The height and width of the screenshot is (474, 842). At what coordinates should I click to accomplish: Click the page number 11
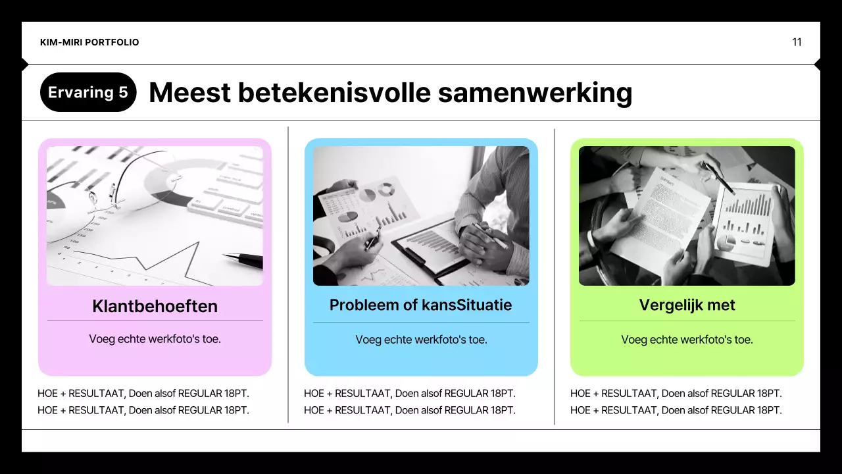point(797,42)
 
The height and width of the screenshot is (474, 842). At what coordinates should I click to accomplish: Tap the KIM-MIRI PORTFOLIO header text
point(89,42)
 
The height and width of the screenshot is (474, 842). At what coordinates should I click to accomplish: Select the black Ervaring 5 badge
point(88,92)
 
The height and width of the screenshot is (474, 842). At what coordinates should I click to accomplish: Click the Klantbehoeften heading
point(155,306)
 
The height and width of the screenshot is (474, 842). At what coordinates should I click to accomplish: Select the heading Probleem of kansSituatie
point(420,305)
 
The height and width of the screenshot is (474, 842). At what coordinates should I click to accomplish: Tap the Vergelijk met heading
point(687,305)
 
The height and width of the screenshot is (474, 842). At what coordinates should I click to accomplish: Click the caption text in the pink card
point(155,339)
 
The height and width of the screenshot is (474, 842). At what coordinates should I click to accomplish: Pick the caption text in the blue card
point(421,340)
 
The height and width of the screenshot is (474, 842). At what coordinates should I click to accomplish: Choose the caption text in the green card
point(687,340)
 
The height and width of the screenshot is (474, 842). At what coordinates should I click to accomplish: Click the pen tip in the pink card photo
point(228,255)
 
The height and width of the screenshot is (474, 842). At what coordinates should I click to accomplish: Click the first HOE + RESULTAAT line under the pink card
point(143,394)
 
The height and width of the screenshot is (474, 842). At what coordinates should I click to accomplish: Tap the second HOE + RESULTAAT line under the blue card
point(409,410)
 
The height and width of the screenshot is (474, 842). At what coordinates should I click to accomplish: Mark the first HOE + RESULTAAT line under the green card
point(676,394)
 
